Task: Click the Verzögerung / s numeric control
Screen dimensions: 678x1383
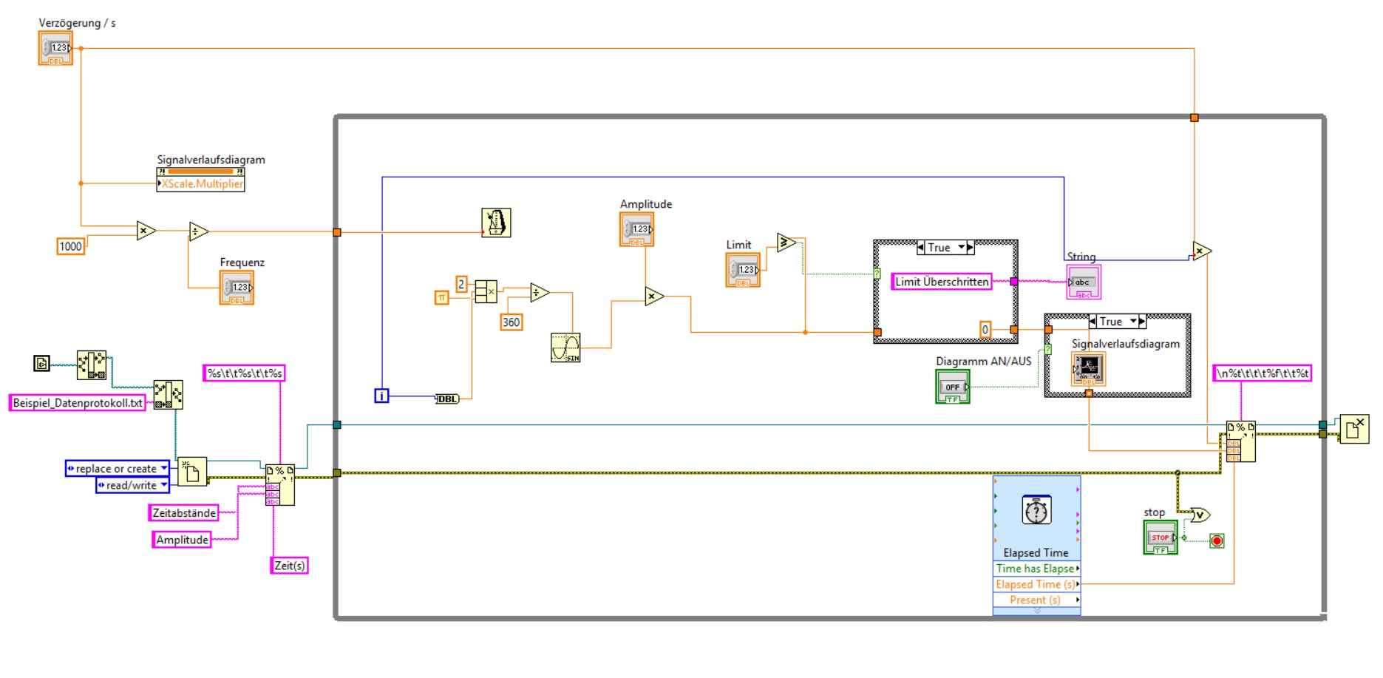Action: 55,48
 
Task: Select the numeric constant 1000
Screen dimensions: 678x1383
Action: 70,246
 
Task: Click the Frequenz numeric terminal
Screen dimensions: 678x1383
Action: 237,287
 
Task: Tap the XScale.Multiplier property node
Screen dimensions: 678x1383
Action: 200,183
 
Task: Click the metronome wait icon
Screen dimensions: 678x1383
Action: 496,223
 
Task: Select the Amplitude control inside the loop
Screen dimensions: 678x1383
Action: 636,229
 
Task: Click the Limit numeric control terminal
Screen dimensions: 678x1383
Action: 743,270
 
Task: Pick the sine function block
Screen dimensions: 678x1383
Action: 565,348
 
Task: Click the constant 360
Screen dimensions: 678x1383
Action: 511,322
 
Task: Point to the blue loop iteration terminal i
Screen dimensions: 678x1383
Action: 381,396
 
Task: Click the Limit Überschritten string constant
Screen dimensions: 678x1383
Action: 941,282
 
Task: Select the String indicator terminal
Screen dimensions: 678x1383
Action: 1083,282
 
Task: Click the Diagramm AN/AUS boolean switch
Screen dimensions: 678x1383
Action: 952,387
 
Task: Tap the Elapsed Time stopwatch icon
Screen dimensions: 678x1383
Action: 1036,511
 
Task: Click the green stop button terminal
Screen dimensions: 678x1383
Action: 1160,538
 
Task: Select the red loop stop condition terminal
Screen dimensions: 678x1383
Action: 1217,540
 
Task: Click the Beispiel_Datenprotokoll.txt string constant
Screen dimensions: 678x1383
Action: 78,403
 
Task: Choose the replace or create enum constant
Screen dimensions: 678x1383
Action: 117,468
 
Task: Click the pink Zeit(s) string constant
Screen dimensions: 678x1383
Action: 289,566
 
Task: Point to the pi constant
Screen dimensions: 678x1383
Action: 441,298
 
